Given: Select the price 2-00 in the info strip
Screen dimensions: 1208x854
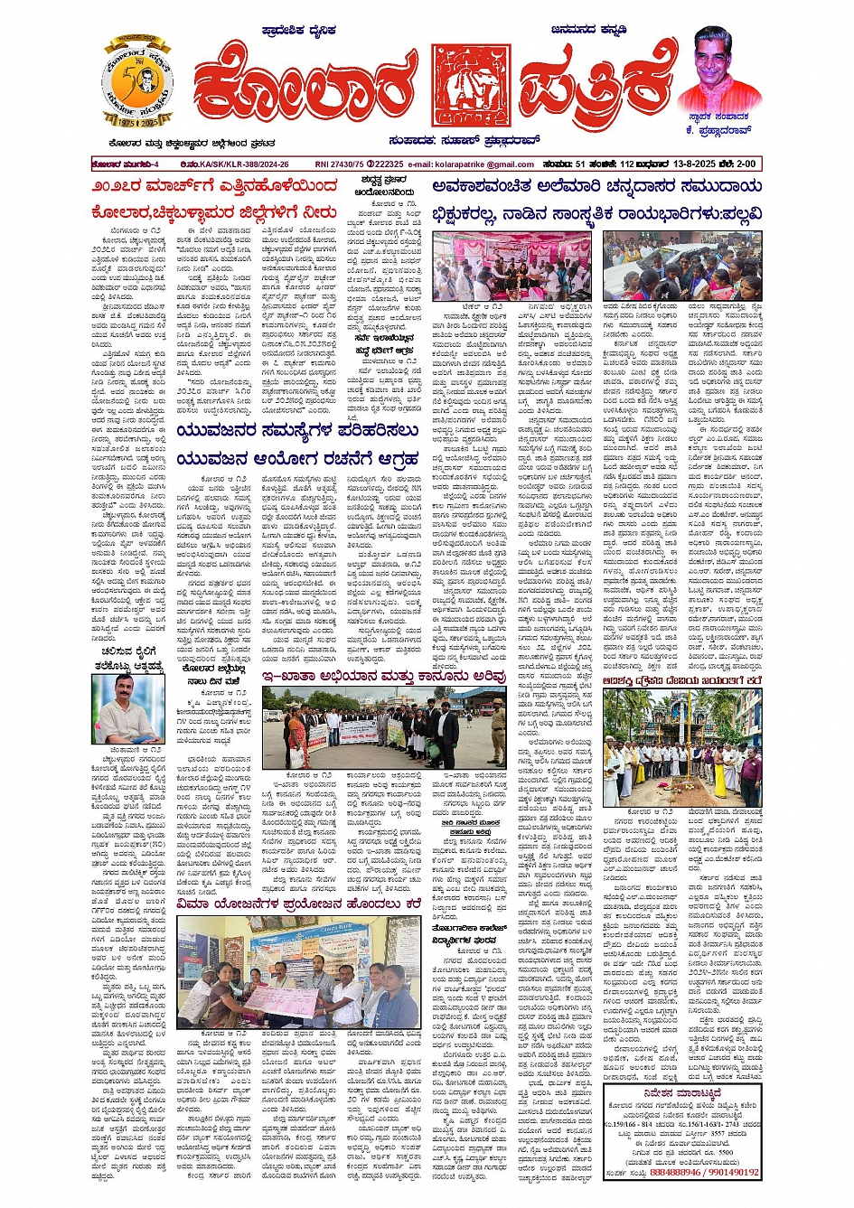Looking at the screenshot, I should (744, 164).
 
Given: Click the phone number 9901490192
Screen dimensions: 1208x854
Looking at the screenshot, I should (735, 1173).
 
